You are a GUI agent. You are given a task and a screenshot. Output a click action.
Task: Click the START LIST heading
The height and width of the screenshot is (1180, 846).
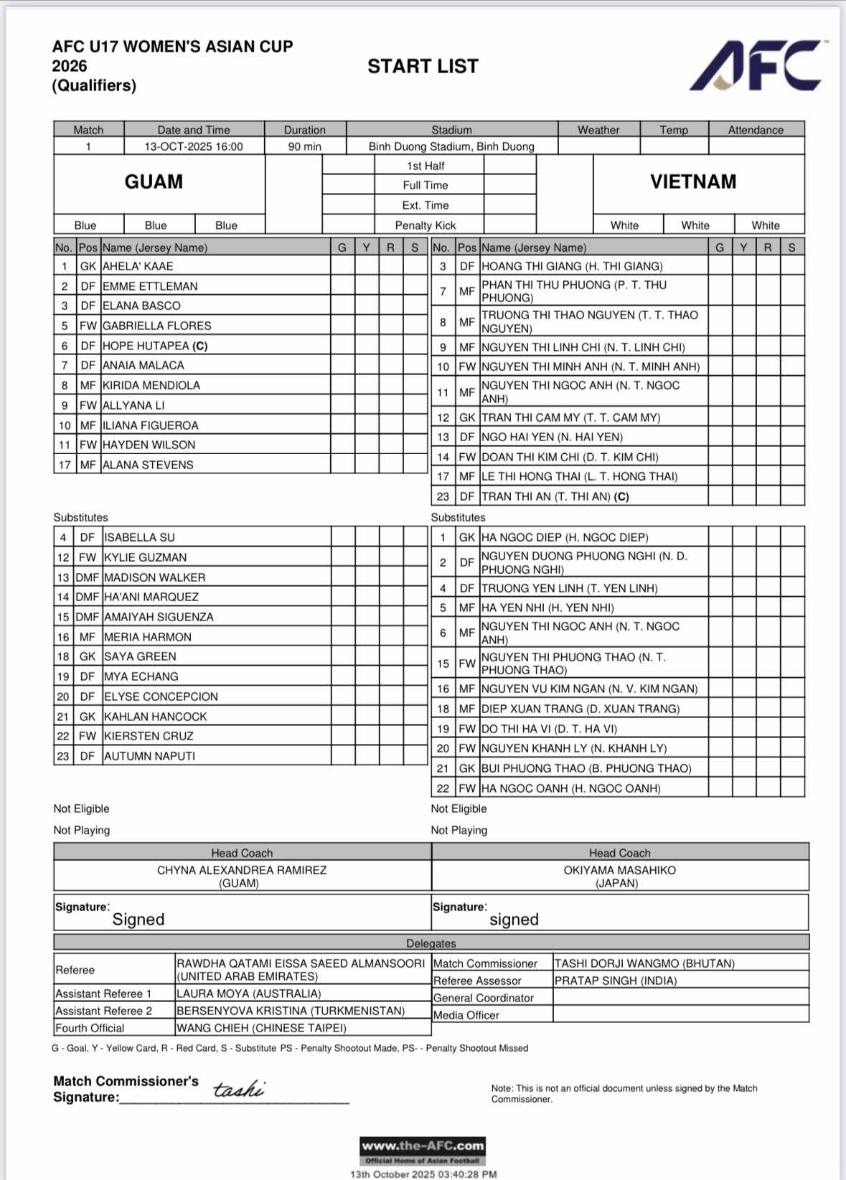[423, 67]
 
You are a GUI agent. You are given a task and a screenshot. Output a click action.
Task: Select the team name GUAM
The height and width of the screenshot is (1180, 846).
[154, 181]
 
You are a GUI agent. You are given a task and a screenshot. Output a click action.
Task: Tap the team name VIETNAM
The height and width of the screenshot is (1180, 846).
[693, 181]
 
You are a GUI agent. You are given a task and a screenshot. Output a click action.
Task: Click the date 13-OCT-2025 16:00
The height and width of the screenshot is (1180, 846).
[194, 146]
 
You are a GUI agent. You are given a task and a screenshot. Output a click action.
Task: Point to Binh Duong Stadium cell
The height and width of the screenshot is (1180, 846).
[451, 146]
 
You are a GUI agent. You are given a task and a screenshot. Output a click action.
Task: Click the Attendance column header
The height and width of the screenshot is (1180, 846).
[756, 130]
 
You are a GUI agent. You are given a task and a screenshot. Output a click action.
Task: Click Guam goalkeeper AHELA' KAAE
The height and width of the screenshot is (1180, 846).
[138, 266]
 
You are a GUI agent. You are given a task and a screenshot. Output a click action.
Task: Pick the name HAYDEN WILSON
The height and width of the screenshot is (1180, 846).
[149, 445]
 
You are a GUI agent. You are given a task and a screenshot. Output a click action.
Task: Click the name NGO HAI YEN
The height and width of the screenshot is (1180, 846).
[552, 437]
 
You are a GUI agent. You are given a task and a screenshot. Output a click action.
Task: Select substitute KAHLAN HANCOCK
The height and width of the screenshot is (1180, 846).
[155, 717]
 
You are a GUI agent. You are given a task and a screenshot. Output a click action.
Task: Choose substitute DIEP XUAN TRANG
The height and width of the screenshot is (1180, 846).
[580, 709]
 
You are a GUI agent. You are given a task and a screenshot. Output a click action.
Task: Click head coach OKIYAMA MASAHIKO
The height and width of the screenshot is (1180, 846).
[619, 870]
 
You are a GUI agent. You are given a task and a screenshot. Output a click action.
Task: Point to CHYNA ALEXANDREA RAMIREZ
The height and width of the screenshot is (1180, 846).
[242, 870]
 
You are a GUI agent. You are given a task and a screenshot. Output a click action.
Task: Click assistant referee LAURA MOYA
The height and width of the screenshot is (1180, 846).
[248, 993]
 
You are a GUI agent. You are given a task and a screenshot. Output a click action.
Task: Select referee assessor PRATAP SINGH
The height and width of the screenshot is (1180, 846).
[615, 981]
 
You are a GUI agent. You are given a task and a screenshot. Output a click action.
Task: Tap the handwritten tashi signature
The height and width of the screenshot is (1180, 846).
[238, 1090]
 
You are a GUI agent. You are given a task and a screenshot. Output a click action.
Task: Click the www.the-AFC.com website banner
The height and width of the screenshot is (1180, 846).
[423, 1146]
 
